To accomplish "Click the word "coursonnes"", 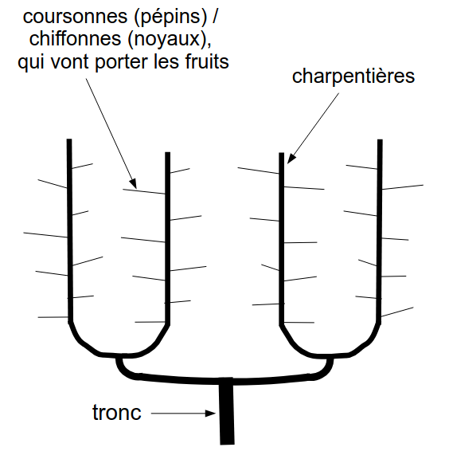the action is (75, 17).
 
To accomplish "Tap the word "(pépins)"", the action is (170, 18).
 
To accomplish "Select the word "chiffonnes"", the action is (75, 38).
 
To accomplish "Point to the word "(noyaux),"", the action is (169, 40).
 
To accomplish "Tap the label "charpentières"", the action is (353, 77).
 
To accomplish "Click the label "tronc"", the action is (117, 412).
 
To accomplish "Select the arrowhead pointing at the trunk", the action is (210, 414).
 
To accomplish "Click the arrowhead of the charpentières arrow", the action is (291, 159).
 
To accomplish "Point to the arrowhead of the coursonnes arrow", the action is (133, 183).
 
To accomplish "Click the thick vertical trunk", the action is (226, 411).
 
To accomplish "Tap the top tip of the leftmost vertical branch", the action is (69, 139).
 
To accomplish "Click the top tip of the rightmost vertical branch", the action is (380, 140).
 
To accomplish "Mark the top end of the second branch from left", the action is (167, 153).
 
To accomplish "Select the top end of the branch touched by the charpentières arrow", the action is (282, 153).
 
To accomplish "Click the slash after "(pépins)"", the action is (214, 17).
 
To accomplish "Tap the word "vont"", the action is (69, 62).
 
